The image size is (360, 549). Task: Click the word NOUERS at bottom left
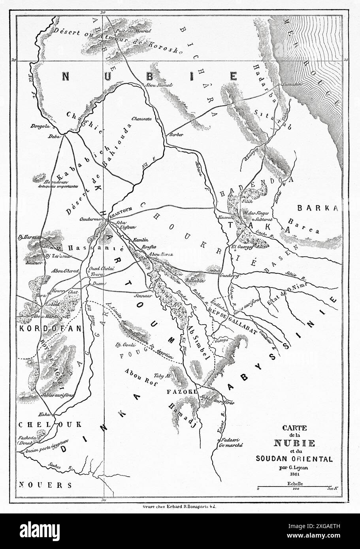click(x=45, y=485)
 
